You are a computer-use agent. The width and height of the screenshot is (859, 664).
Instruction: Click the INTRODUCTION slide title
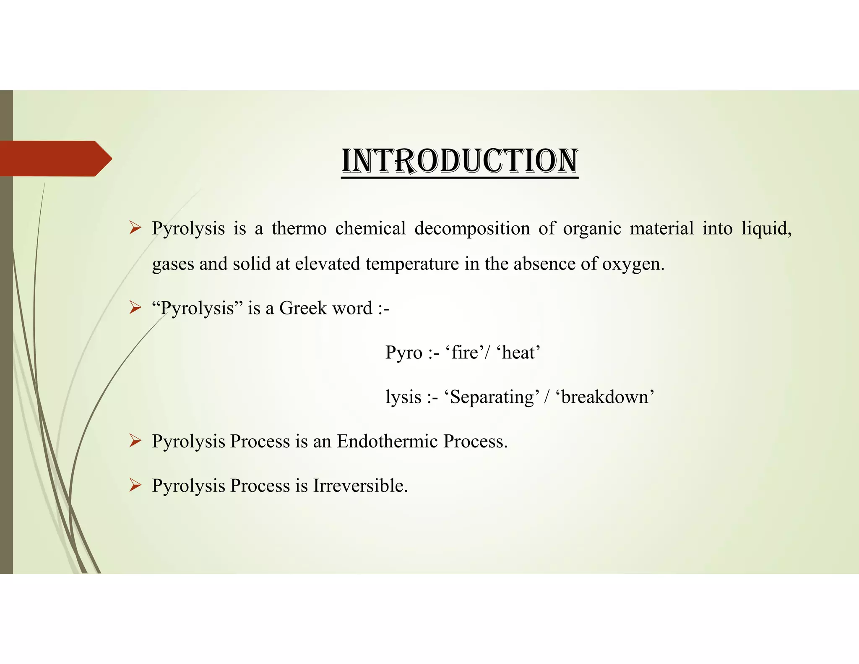tap(460, 161)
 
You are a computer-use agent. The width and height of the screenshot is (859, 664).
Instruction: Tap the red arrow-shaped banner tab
tap(55, 159)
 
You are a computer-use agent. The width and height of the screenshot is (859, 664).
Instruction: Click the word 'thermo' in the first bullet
tap(299, 229)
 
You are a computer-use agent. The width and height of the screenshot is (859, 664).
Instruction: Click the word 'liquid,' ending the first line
tap(766, 229)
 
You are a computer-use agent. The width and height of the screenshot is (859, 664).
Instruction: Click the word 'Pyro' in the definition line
tap(403, 353)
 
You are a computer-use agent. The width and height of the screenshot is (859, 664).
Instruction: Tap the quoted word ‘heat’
tap(521, 353)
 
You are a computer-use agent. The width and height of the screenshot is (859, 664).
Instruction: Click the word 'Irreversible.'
tap(360, 486)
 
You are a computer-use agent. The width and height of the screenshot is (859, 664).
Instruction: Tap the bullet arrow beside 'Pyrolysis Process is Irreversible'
tap(135, 486)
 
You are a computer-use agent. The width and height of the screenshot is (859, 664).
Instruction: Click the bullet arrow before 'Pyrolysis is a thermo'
tap(135, 228)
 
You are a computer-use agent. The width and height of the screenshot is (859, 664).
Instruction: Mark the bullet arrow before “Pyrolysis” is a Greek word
tap(135, 308)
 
